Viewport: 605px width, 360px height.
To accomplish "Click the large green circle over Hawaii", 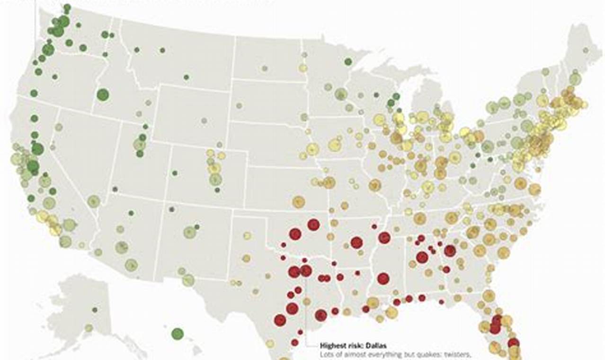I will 178,333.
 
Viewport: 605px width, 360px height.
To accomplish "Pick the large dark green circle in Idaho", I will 103,95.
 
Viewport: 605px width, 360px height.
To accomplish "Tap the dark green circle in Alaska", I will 95,310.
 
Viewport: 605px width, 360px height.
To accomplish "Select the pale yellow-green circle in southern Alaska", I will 89,328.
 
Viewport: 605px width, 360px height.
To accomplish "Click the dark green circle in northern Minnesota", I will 348,62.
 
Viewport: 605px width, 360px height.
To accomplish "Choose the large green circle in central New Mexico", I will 190,232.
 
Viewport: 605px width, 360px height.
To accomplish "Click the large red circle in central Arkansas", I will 356,243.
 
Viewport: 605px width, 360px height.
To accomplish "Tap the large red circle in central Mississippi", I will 383,279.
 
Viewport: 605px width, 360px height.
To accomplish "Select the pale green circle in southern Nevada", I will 94,201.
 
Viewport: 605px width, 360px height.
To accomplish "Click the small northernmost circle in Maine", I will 586,50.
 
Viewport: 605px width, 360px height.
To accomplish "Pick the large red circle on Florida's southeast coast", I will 513,342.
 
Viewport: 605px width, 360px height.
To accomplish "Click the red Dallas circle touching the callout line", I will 306,271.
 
